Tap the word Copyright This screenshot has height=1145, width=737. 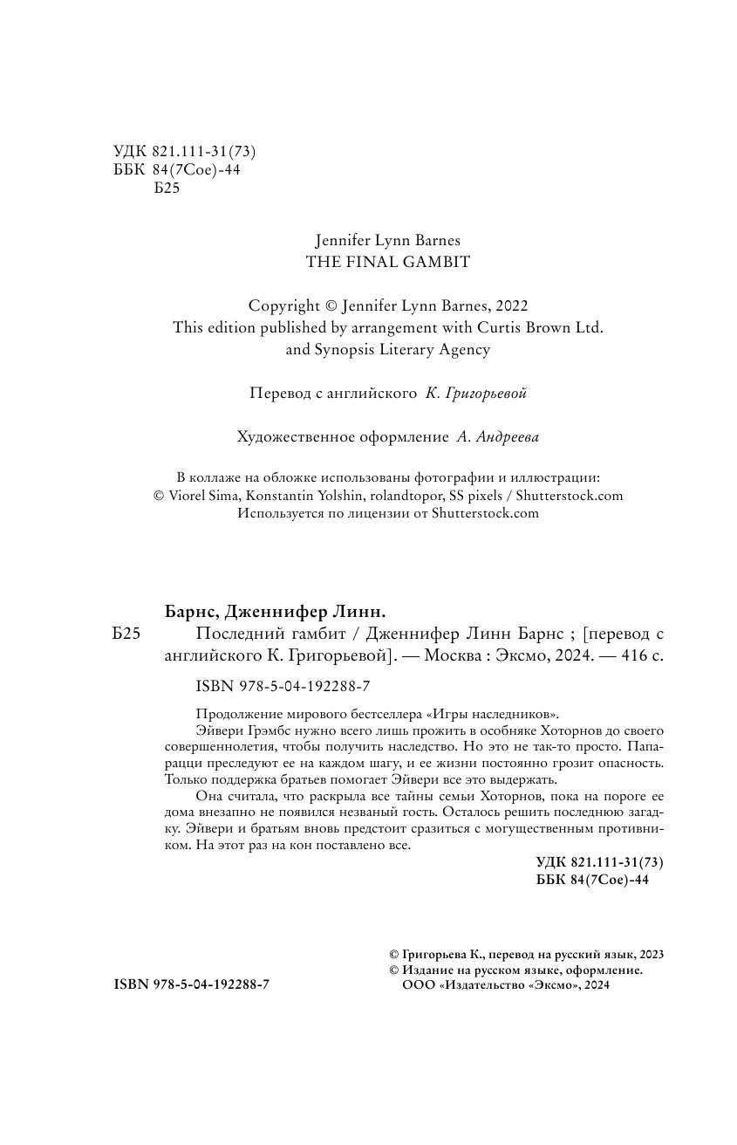point(284,306)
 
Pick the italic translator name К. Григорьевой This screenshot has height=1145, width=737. point(476,394)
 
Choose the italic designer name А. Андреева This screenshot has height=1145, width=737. point(497,437)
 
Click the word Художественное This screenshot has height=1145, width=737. point(291,437)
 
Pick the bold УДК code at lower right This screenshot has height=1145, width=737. point(600,862)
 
